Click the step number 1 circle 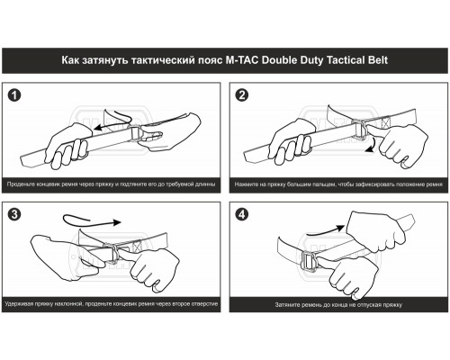tap(14, 95)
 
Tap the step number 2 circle tap(242, 95)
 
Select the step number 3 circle tap(14, 214)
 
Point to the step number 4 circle tap(242, 214)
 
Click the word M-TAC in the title tap(242, 60)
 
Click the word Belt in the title tap(378, 60)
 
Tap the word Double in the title tap(281, 60)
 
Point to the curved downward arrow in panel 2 tap(374, 145)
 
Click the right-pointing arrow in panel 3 tap(90, 221)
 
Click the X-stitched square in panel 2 tap(386, 122)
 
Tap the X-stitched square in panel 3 tap(137, 247)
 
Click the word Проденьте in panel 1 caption tap(21, 184)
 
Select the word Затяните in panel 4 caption tap(287, 305)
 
